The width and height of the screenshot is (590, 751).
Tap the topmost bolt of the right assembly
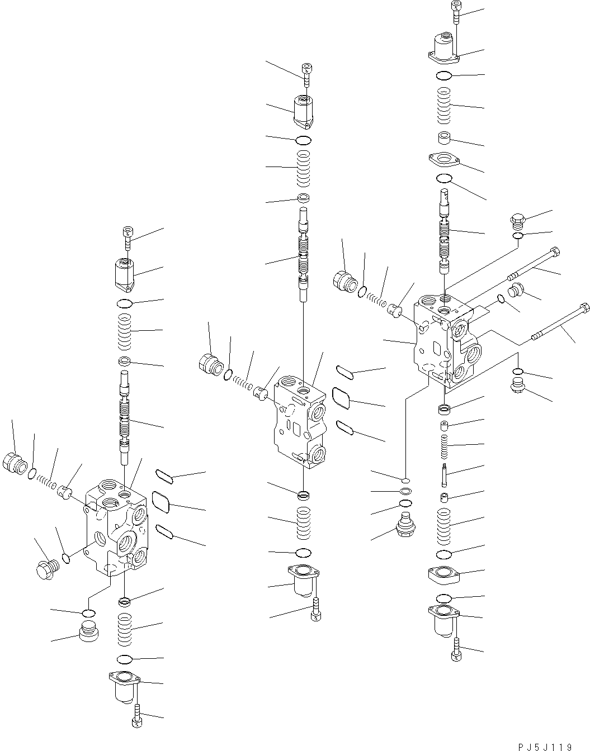456,12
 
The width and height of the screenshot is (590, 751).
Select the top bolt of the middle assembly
306,75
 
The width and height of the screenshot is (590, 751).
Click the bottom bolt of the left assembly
137,716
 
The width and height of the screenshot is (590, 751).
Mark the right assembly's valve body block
446,340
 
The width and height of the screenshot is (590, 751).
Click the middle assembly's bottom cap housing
303,581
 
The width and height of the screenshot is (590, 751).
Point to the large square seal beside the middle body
341,398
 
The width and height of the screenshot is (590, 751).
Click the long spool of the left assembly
125,417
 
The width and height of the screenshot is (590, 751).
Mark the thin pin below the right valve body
445,476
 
